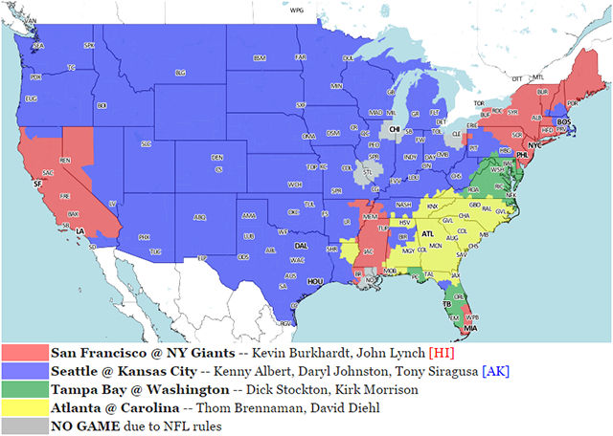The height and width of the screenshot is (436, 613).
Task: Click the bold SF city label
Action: (36, 183)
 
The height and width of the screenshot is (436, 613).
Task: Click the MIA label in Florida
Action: (472, 328)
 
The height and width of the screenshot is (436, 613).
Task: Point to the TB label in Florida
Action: (446, 304)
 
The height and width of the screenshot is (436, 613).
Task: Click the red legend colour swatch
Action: (25, 354)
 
